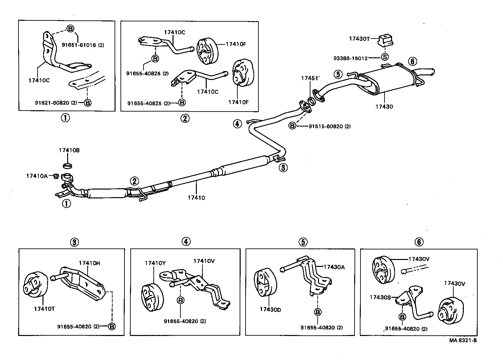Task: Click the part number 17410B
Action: (69, 150)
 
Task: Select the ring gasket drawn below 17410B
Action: (67, 164)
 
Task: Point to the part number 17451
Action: (309, 78)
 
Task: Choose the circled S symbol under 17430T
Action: (384, 57)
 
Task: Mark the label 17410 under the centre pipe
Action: (196, 198)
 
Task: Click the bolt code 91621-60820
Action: (56, 103)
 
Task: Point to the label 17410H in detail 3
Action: (89, 263)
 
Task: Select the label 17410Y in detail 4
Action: (155, 263)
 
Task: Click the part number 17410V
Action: (204, 261)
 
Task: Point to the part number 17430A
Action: (334, 267)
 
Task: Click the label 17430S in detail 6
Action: (380, 297)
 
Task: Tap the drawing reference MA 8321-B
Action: (463, 340)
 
